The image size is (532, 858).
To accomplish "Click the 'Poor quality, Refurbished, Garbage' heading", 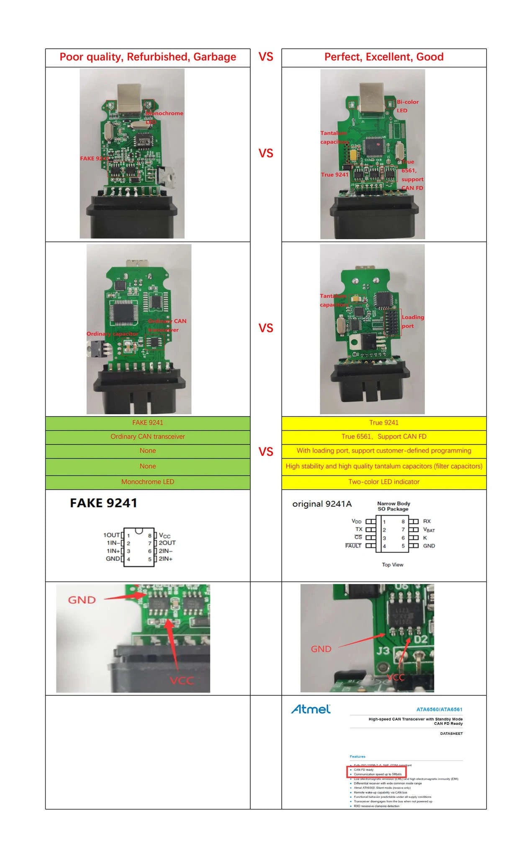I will pos(148,57).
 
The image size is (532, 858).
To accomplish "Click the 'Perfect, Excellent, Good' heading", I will pos(384,57).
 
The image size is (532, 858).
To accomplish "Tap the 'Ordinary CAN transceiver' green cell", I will pos(148,437).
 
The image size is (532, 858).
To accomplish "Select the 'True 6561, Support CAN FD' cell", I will pos(384,437).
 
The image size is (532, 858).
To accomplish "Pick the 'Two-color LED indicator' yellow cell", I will pos(384,482).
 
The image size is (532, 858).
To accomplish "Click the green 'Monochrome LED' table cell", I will pos(148,482).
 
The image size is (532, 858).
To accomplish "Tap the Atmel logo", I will pos(311,709).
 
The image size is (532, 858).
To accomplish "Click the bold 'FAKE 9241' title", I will pos(103,503).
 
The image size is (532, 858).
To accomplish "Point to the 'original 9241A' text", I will pos(322,504).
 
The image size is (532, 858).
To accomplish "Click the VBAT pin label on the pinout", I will pos(429,530).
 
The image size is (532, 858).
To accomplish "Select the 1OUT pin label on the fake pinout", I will pos(111,535).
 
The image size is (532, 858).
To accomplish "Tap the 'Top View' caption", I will pos(393,565).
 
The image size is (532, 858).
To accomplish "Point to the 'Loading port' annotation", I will pos(413,321).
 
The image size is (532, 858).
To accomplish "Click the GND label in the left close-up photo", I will pos(82,600).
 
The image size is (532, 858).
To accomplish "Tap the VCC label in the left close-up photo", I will pos(182,680).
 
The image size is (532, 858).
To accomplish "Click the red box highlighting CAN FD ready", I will pos(376,772).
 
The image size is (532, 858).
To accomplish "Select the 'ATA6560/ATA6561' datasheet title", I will pos(439,709).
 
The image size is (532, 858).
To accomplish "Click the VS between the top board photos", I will pos(266,153).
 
